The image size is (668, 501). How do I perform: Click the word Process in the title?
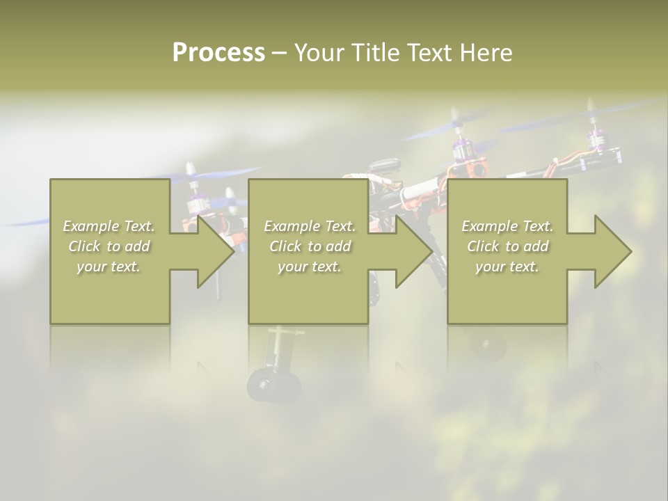click(x=218, y=52)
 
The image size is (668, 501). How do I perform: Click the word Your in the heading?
click(x=317, y=53)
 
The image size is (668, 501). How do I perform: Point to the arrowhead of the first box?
click(x=215, y=251)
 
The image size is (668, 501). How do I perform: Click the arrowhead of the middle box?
click(x=414, y=251)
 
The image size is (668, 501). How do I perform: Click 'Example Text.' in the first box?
click(x=109, y=226)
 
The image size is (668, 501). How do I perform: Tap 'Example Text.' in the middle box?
click(x=310, y=226)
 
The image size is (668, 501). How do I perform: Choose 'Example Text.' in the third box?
click(x=507, y=226)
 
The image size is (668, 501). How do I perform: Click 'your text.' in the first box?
click(x=109, y=267)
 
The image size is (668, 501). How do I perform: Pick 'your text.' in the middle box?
click(x=310, y=267)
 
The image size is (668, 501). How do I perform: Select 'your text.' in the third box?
click(x=507, y=267)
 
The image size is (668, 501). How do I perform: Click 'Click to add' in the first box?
click(x=109, y=246)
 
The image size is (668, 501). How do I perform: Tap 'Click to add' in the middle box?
click(x=310, y=246)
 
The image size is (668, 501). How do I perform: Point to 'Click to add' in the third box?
click(x=507, y=246)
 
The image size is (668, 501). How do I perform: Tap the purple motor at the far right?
click(x=595, y=138)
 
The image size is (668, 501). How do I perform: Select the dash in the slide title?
click(x=279, y=53)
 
